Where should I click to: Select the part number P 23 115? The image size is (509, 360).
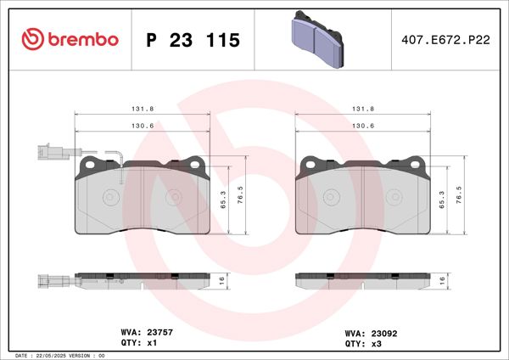point(193,41)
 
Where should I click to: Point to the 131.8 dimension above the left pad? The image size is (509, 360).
point(142,110)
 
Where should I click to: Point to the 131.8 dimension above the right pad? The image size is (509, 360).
point(362,110)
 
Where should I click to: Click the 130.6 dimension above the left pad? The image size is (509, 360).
point(142,126)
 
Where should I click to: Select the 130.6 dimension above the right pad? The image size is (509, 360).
point(362,126)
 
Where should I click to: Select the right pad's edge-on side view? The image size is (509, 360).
point(362,280)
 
